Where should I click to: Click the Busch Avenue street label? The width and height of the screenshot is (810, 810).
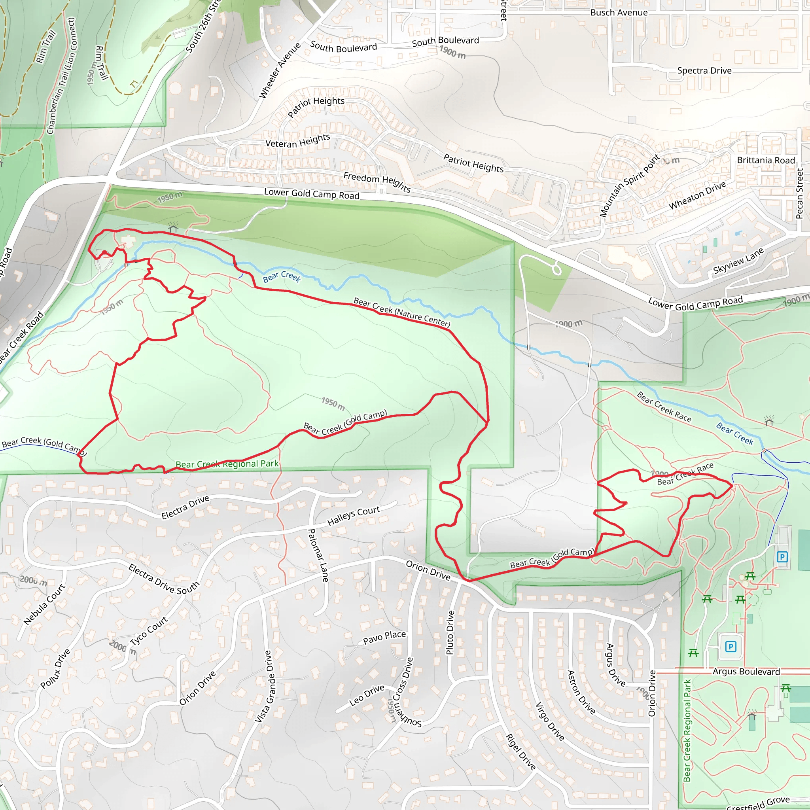pyautogui.click(x=619, y=13)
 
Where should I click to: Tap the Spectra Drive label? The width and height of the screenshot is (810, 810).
pyautogui.click(x=704, y=70)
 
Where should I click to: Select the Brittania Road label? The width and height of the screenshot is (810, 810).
pyautogui.click(x=766, y=160)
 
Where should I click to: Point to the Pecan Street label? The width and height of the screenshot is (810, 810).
pyautogui.click(x=799, y=194)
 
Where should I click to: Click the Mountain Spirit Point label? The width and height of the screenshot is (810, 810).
pyautogui.click(x=630, y=186)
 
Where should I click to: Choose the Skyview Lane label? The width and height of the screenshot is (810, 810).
pyautogui.click(x=738, y=261)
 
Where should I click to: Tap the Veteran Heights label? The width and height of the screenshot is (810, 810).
pyautogui.click(x=298, y=141)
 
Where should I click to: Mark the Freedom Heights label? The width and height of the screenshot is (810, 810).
pyautogui.click(x=377, y=182)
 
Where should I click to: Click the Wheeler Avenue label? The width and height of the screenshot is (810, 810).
pyautogui.click(x=280, y=70)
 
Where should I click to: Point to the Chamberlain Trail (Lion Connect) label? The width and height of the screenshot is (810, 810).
pyautogui.click(x=61, y=76)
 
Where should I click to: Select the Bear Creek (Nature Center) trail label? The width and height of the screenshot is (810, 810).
pyautogui.click(x=402, y=312)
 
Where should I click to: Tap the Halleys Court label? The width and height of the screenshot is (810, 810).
pyautogui.click(x=354, y=515)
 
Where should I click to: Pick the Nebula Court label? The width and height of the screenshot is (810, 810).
pyautogui.click(x=44, y=604)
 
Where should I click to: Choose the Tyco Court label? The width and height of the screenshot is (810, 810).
pyautogui.click(x=148, y=630)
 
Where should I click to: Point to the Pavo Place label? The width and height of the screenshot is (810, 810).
pyautogui.click(x=384, y=637)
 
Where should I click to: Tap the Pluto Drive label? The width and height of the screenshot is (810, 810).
pyautogui.click(x=450, y=632)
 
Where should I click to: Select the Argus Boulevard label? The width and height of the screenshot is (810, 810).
pyautogui.click(x=746, y=672)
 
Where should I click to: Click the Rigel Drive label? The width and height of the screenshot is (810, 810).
pyautogui.click(x=520, y=752)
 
